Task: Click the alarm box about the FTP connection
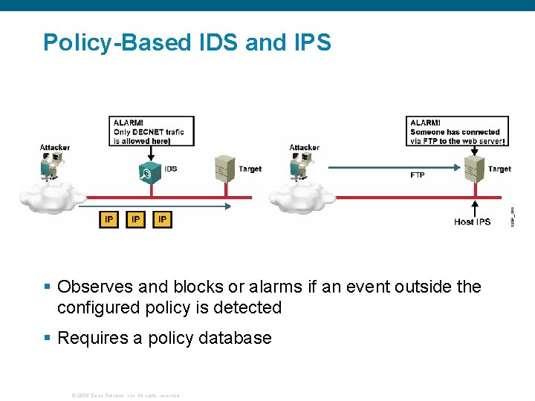(458, 131)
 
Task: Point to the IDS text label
(171, 169)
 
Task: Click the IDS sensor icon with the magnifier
(149, 173)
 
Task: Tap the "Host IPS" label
(472, 222)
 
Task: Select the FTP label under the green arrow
(418, 176)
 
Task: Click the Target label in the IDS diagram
(250, 169)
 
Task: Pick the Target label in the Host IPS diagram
(499, 169)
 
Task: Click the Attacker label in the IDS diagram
(55, 148)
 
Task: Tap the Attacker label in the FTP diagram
(304, 148)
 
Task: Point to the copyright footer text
(126, 395)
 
